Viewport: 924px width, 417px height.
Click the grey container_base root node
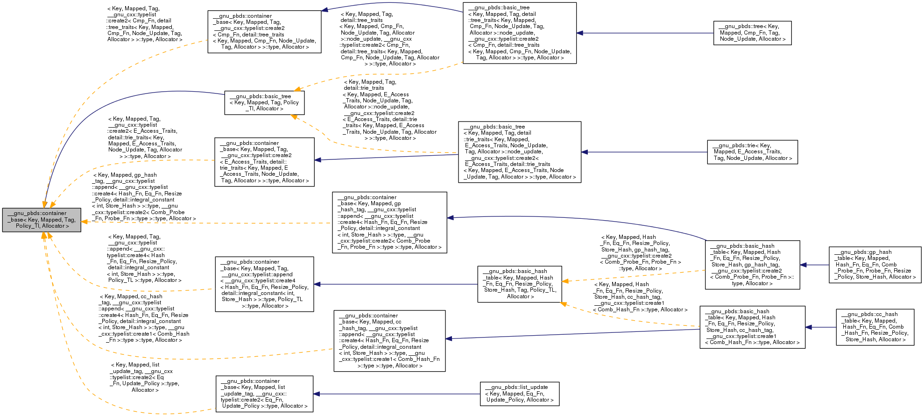[x=42, y=220]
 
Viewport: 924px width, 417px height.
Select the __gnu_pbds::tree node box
[x=752, y=33]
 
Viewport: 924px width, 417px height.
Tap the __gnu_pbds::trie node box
[x=752, y=152]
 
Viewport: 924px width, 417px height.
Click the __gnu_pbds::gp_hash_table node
[x=875, y=265]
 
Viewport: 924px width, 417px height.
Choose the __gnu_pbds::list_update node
[x=519, y=394]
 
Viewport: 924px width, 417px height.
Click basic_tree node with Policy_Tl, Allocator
[x=264, y=102]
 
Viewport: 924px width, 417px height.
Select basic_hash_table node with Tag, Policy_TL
[x=519, y=284]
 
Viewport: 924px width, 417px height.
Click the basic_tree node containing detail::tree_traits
[x=519, y=33]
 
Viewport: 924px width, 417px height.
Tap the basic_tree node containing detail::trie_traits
[x=519, y=152]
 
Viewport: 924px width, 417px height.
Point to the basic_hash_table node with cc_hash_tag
[x=752, y=327]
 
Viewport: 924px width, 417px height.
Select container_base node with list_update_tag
[x=264, y=394]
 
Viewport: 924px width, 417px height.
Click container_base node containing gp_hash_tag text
[x=389, y=223]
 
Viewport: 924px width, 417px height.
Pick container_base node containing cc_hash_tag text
[x=389, y=341]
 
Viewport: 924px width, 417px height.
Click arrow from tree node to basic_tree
[x=644, y=33]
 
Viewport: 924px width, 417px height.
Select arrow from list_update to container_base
[x=397, y=394]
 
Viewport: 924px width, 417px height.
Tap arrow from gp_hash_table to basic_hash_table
[x=814, y=265]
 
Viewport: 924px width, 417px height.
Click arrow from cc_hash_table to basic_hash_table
[x=820, y=327]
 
